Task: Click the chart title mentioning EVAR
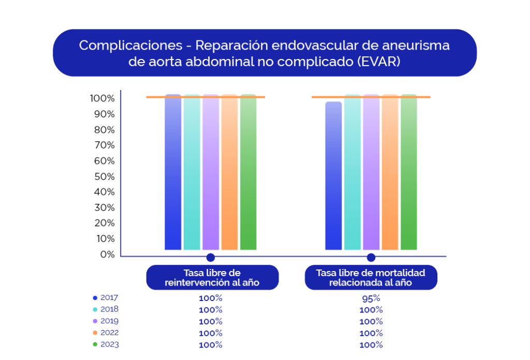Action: (x=264, y=53)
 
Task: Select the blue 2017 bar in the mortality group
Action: (x=333, y=176)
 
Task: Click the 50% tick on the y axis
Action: (x=104, y=176)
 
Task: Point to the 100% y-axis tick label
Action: (x=102, y=98)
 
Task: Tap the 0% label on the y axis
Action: (x=107, y=254)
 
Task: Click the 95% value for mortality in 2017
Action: (x=371, y=298)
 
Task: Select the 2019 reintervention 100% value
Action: (x=211, y=322)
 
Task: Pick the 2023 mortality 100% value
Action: (x=371, y=345)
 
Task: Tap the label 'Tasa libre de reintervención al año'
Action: (x=212, y=278)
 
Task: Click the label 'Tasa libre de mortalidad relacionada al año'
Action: (x=371, y=278)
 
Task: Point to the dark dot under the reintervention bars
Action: (x=210, y=258)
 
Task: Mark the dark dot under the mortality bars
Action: (x=371, y=258)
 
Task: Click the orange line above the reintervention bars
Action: (x=155, y=97)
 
